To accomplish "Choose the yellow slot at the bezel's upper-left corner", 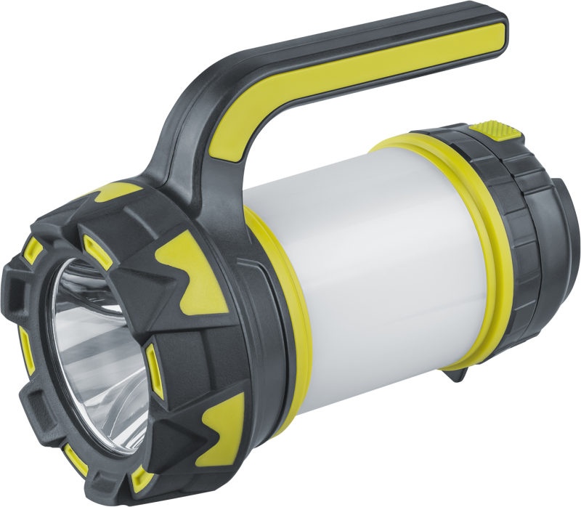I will point(33,250).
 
